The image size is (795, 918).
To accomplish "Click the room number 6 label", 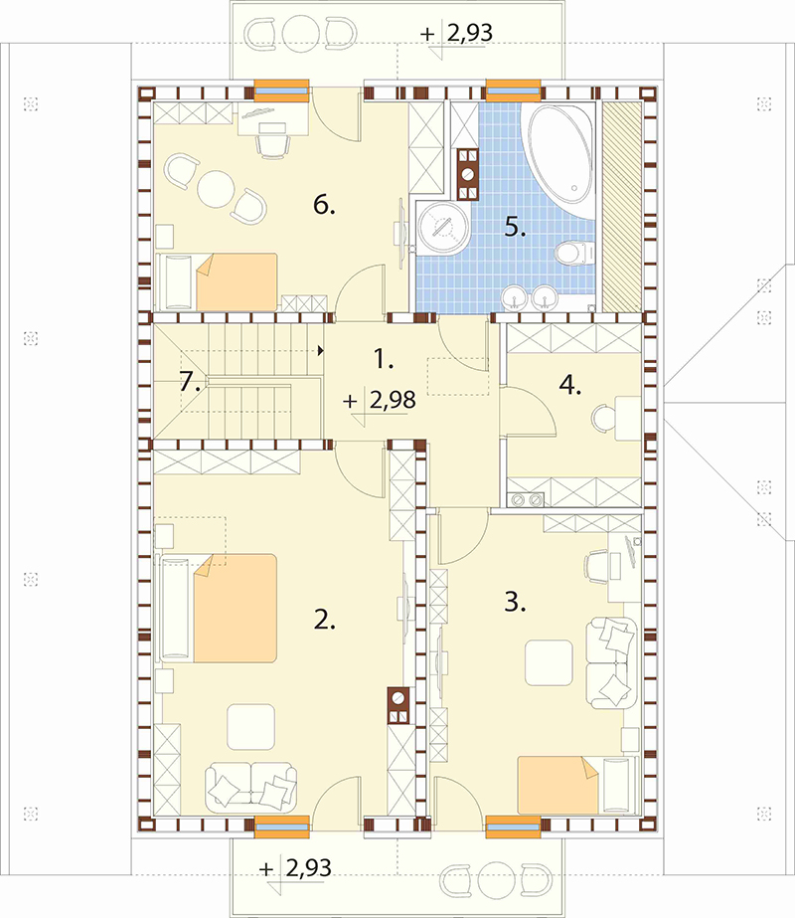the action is pos(324,205).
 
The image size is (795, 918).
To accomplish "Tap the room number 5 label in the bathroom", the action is pos(515,227).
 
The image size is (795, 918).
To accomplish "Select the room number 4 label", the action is pos(570,385).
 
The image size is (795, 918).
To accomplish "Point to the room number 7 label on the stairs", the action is pos(191,382).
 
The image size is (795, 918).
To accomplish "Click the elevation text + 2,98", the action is pos(380,400).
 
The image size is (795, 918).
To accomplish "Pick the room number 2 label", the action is pos(325,620).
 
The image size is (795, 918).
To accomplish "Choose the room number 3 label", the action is pos(515,602).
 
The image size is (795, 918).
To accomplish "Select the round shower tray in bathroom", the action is pos(443,229).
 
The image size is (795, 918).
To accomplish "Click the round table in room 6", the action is pos(216,188).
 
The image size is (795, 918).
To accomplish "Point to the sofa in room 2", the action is pos(250,787).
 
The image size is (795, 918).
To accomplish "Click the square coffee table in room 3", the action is pos(549,662).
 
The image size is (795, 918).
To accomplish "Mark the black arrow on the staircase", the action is pos(321,351).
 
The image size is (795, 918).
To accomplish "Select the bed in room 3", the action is pos(576,785).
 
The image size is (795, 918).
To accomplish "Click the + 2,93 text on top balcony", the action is pos(456,34).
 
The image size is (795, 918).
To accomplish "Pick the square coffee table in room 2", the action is pos(251,727).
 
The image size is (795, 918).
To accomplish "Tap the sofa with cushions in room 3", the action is pos(611,661).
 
